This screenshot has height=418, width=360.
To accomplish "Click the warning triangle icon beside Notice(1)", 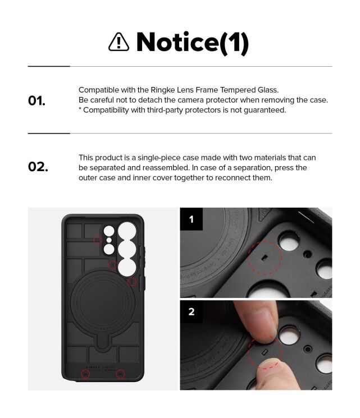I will point(119,42).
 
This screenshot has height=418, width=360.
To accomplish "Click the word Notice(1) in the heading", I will point(192,42).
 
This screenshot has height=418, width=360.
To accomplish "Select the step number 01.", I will point(37,101).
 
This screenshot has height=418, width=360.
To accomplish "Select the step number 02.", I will point(38,167).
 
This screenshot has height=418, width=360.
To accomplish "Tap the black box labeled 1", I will point(192,219).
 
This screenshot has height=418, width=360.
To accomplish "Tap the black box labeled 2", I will point(192,311).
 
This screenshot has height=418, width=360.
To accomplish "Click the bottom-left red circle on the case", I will point(85,374).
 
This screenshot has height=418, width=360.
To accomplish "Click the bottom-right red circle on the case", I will point(120,374).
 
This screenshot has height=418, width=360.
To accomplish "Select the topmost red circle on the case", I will point(98,240).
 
